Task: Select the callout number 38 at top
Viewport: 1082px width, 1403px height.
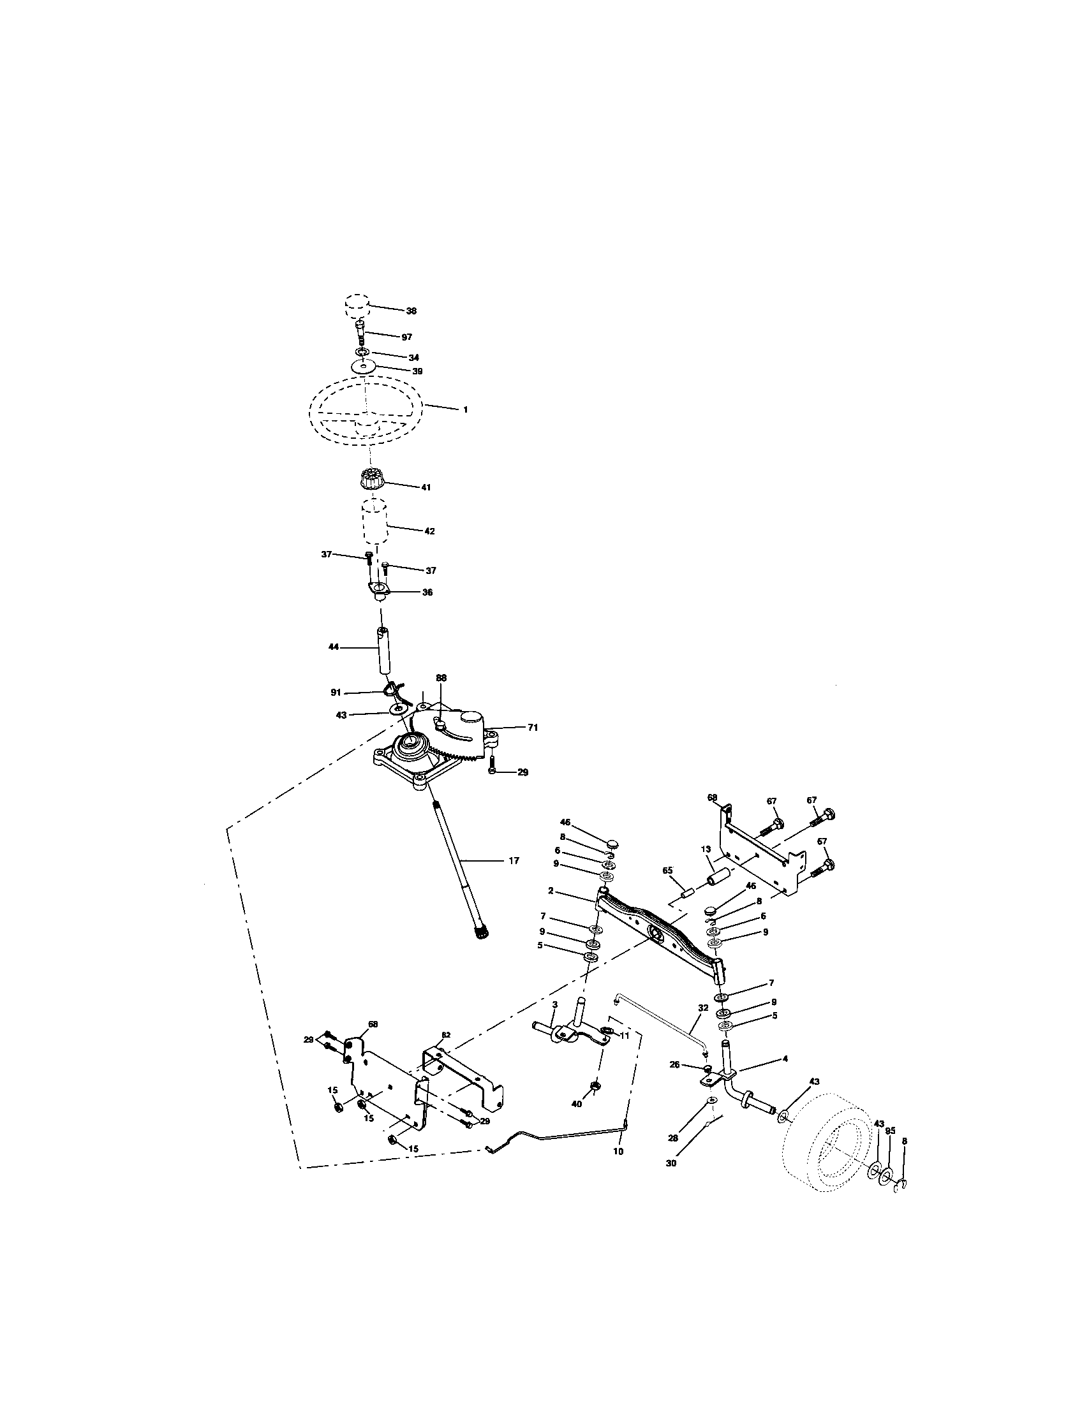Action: [x=411, y=311]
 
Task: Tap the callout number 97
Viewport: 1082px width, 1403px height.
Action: [x=406, y=337]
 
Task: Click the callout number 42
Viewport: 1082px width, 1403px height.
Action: [x=429, y=531]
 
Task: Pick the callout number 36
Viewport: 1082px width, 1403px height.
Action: [x=427, y=592]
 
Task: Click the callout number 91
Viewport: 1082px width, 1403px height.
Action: [x=336, y=693]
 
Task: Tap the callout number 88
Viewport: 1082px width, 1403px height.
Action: [x=441, y=678]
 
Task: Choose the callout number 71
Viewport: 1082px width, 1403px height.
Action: [x=533, y=728]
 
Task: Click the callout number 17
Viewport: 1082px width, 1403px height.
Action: [x=514, y=861]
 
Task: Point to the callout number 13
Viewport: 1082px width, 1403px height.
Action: [x=706, y=849]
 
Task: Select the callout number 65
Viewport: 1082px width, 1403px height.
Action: [x=667, y=870]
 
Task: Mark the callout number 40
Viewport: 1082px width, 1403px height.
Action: [x=576, y=1103]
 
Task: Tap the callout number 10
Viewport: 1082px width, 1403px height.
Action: [x=618, y=1152]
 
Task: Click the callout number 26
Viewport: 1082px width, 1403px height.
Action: [x=674, y=1064]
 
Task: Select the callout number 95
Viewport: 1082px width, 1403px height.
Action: [x=890, y=1130]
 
